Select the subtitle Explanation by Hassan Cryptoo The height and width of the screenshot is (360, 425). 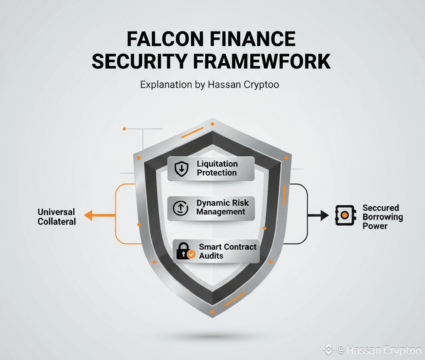pos(210,85)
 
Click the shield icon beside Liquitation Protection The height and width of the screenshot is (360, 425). pos(181,168)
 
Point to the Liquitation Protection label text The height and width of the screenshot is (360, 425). pos(217,168)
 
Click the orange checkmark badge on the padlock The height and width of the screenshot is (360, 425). pos(191,255)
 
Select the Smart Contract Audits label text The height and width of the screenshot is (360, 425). pos(227,251)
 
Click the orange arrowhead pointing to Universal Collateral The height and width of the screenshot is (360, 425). pos(88,215)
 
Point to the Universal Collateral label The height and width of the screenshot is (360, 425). pos(57,217)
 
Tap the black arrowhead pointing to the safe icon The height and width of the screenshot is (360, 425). pos(324,215)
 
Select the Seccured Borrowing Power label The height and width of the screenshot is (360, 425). pos(383,216)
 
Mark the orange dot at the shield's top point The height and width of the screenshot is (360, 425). pos(212,124)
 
